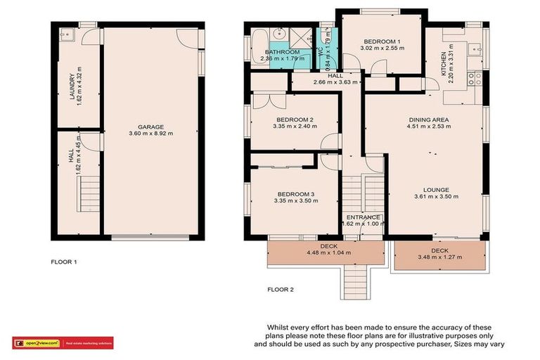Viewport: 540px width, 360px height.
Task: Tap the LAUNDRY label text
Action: (x=72, y=87)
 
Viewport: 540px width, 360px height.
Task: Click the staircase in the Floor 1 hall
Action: (x=89, y=190)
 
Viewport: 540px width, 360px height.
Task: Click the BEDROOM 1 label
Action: (x=382, y=41)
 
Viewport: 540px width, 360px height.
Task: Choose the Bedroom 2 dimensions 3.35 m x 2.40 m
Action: (x=284, y=128)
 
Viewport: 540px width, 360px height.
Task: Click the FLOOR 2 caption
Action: (x=282, y=289)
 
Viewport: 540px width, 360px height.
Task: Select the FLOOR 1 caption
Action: (x=64, y=262)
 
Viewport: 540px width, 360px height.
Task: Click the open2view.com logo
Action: (x=38, y=343)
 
